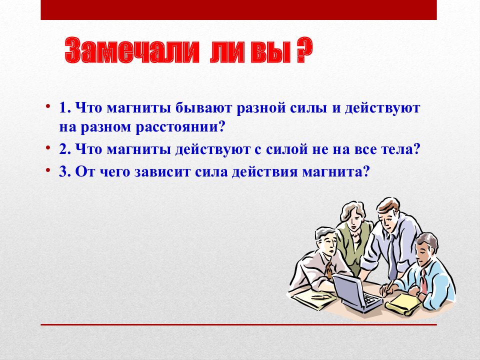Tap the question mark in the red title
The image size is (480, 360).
click(x=304, y=50)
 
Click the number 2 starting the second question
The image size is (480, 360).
click(x=63, y=149)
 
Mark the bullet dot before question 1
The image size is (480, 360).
click(x=48, y=106)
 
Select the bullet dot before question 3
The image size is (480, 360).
click(x=48, y=170)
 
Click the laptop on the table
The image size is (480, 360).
click(x=356, y=292)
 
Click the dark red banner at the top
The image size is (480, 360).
click(x=239, y=10)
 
